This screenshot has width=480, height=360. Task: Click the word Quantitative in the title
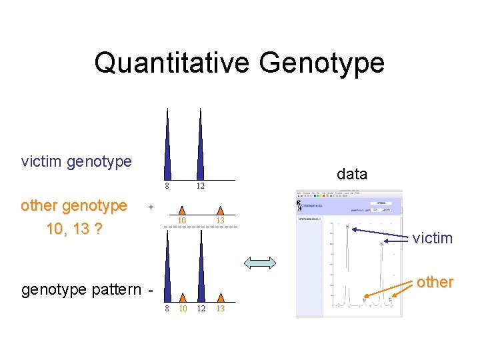click(x=172, y=63)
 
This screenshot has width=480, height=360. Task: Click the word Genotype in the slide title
click(x=322, y=63)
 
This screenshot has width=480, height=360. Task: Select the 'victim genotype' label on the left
click(x=76, y=161)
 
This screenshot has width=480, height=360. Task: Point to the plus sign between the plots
click(x=151, y=207)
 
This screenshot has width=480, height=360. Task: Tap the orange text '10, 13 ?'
click(x=74, y=229)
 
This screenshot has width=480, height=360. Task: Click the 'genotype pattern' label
click(x=81, y=289)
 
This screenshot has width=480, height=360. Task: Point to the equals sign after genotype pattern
click(x=151, y=291)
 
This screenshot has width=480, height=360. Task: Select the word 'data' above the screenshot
click(x=352, y=174)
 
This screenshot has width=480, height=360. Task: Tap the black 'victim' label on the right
click(x=432, y=238)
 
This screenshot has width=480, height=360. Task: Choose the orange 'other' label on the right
click(x=435, y=282)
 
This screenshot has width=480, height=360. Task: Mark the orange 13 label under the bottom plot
click(x=221, y=309)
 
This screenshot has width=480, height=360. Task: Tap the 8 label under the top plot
click(x=167, y=186)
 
